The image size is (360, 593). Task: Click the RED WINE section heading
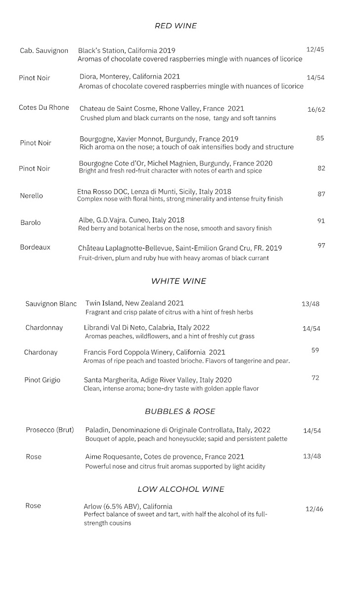176,26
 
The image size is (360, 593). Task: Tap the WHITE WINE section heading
179,281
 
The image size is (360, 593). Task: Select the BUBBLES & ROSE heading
180,411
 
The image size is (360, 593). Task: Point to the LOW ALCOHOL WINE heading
180,489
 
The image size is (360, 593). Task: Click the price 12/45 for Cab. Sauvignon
315,49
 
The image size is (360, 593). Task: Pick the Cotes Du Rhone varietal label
44,107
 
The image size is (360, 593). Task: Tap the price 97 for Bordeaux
321,246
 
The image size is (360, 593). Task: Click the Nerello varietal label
32,196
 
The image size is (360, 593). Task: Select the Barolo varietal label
31,222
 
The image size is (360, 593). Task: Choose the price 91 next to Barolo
321,221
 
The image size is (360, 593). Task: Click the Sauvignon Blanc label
51,303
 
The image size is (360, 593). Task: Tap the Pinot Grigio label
43,380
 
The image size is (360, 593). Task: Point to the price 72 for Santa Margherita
315,378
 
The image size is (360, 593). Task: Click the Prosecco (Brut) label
50,430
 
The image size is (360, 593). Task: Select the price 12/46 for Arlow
314,508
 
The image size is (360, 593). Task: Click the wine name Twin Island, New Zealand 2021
135,303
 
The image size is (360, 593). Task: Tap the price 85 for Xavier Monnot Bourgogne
320,138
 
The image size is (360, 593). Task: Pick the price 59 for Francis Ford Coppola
315,350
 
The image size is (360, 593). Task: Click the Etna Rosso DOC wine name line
154,191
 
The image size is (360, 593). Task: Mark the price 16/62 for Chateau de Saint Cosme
316,109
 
